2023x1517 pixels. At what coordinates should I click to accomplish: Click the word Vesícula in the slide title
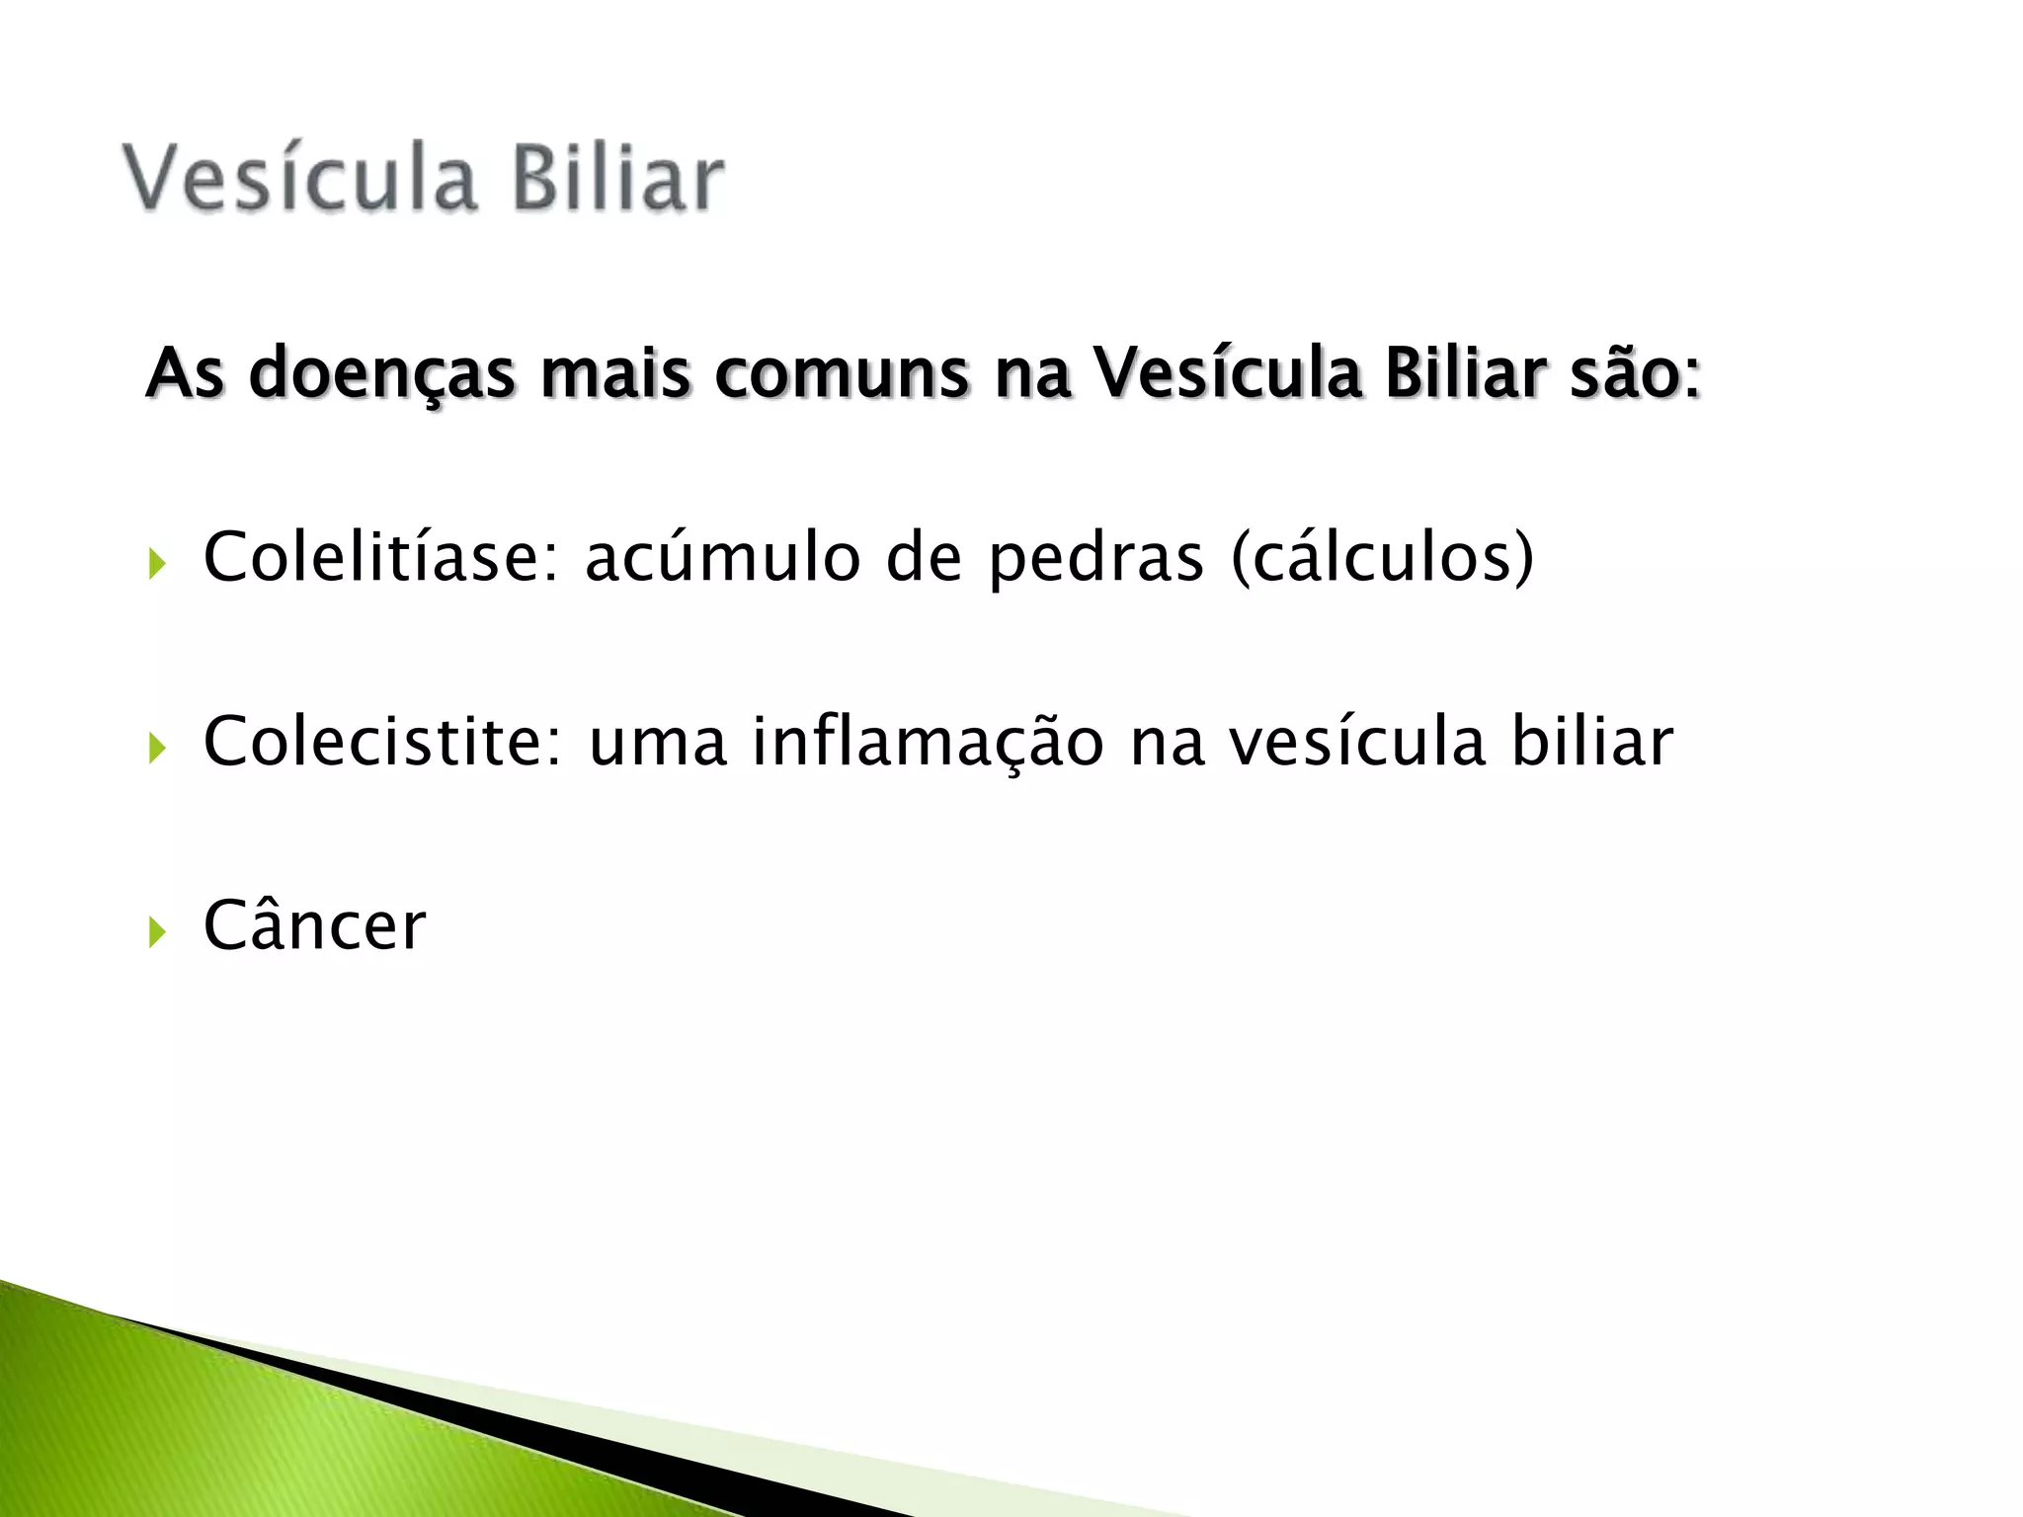(x=299, y=179)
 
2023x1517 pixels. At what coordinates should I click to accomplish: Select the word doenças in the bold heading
(x=381, y=374)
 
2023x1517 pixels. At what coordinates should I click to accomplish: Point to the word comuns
(x=842, y=374)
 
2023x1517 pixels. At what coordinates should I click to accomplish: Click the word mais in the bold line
(x=614, y=374)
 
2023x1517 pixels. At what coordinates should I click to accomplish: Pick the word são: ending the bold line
(x=1636, y=374)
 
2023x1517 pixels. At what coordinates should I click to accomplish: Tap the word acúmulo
(x=723, y=557)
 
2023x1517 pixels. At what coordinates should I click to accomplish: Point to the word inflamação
(x=928, y=741)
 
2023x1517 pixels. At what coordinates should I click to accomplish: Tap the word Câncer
(x=314, y=925)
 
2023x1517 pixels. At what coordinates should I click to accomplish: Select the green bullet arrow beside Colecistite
(x=157, y=748)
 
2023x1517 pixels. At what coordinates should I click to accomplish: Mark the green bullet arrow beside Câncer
(x=157, y=931)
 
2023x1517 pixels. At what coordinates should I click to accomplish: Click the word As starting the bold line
(x=185, y=374)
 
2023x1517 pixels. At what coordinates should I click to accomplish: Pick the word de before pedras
(x=924, y=557)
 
